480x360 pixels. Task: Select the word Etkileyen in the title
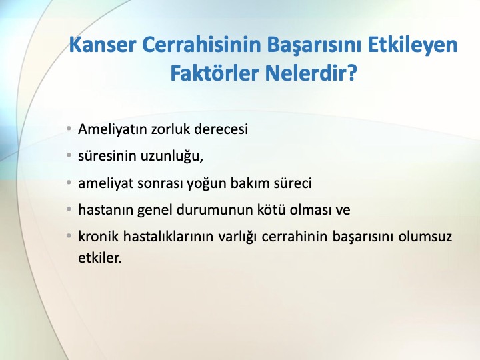click(x=413, y=45)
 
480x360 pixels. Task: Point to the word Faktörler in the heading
click(x=215, y=73)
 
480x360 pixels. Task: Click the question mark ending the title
click(x=352, y=73)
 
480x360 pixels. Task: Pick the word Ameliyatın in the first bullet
click(x=113, y=129)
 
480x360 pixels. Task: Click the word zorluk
click(x=171, y=129)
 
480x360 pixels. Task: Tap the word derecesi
click(x=221, y=129)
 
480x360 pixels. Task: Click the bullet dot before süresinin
click(x=69, y=155)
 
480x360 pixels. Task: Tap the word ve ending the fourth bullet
click(x=343, y=211)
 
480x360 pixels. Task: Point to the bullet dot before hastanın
click(x=69, y=209)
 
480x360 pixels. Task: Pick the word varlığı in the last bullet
click(x=237, y=237)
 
